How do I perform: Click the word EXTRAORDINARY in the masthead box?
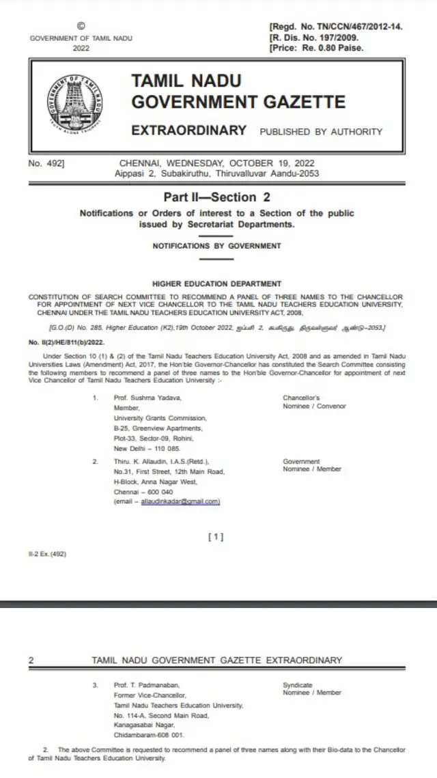(x=188, y=130)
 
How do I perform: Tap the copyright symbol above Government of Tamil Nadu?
(x=81, y=25)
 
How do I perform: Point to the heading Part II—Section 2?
(x=216, y=197)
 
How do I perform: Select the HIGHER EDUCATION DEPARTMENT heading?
(x=216, y=283)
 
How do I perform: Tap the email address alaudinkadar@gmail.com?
(x=180, y=501)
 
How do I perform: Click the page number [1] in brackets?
(x=216, y=537)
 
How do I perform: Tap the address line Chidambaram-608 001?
(x=149, y=735)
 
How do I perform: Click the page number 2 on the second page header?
(x=31, y=661)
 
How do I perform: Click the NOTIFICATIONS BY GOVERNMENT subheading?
(x=216, y=245)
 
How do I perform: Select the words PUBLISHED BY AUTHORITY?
(x=321, y=132)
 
